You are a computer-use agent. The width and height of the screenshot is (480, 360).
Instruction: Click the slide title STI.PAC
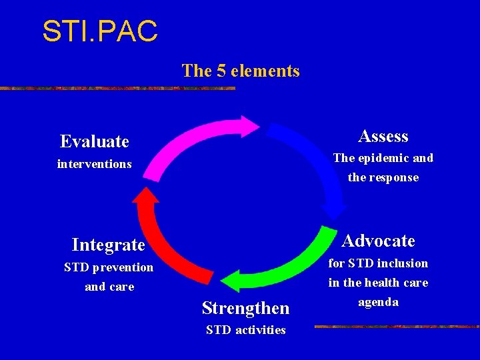click(100, 31)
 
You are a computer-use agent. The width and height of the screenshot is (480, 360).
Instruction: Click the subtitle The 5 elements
click(241, 71)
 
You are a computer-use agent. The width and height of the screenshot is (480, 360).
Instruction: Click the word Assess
click(383, 137)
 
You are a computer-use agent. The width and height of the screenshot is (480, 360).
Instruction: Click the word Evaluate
click(94, 141)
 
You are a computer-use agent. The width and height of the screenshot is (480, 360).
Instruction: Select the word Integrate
click(108, 245)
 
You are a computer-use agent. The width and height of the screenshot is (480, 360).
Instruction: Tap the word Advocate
click(378, 241)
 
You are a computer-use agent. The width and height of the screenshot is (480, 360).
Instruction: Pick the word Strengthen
click(245, 308)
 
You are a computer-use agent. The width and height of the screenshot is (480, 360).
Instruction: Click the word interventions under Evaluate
click(94, 164)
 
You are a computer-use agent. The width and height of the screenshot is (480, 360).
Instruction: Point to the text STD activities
click(245, 330)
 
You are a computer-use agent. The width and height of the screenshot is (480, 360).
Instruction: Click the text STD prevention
click(108, 268)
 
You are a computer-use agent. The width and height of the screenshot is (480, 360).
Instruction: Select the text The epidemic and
click(383, 158)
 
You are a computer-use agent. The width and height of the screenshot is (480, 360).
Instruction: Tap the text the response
click(383, 178)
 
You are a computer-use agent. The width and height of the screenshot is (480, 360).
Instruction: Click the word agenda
click(378, 302)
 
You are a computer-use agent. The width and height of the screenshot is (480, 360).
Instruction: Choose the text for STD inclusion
click(378, 263)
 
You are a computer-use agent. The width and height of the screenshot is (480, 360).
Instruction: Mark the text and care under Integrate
click(109, 287)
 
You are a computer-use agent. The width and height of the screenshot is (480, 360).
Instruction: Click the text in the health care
click(378, 283)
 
